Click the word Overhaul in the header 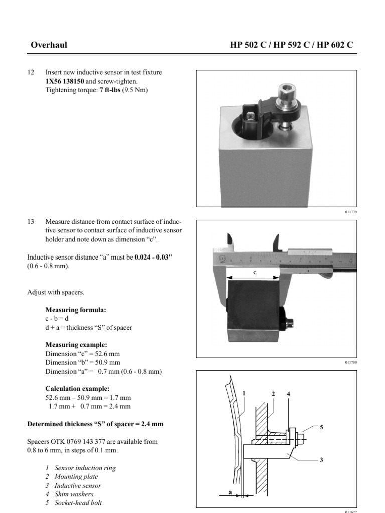pyautogui.click(x=49, y=45)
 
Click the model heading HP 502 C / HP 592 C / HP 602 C pyautogui.click(x=291, y=45)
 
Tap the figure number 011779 pyautogui.click(x=350, y=212)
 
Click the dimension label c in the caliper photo pyautogui.click(x=254, y=273)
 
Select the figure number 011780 pyautogui.click(x=350, y=362)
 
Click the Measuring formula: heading pyautogui.click(x=76, y=310)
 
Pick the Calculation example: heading pyautogui.click(x=77, y=388)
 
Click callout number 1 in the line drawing pyautogui.click(x=244, y=394)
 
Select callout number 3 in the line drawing pyautogui.click(x=321, y=461)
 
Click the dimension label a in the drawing pyautogui.click(x=230, y=493)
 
